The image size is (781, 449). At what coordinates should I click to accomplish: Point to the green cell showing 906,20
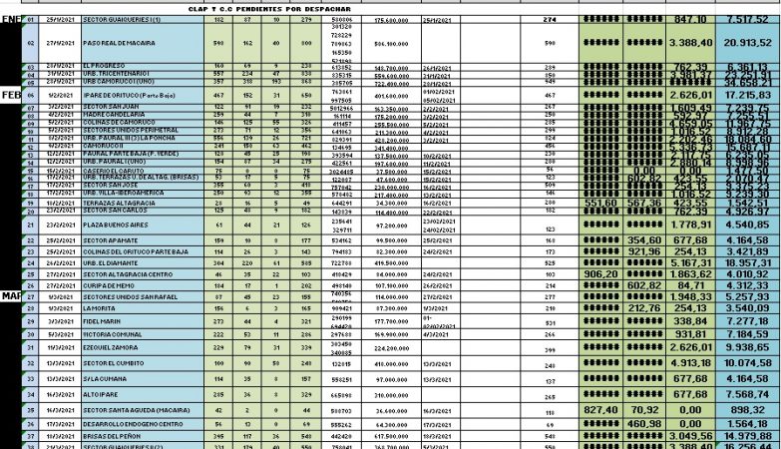point(601,273)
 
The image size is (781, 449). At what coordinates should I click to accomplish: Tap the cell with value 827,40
point(601,409)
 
